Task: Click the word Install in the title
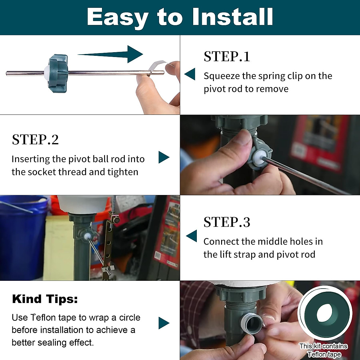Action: [233, 17]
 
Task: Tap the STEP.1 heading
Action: [227, 57]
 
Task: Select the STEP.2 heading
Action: [35, 139]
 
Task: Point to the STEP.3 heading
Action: [227, 222]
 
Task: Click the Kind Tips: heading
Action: [45, 299]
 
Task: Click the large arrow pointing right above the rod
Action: [110, 54]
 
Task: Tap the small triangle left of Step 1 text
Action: [190, 74]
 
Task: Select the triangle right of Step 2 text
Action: [164, 157]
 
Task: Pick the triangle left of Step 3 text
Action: [191, 236]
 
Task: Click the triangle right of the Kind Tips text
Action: [164, 323]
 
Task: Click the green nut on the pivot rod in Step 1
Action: [58, 73]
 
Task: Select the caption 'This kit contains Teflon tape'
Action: [324, 350]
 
